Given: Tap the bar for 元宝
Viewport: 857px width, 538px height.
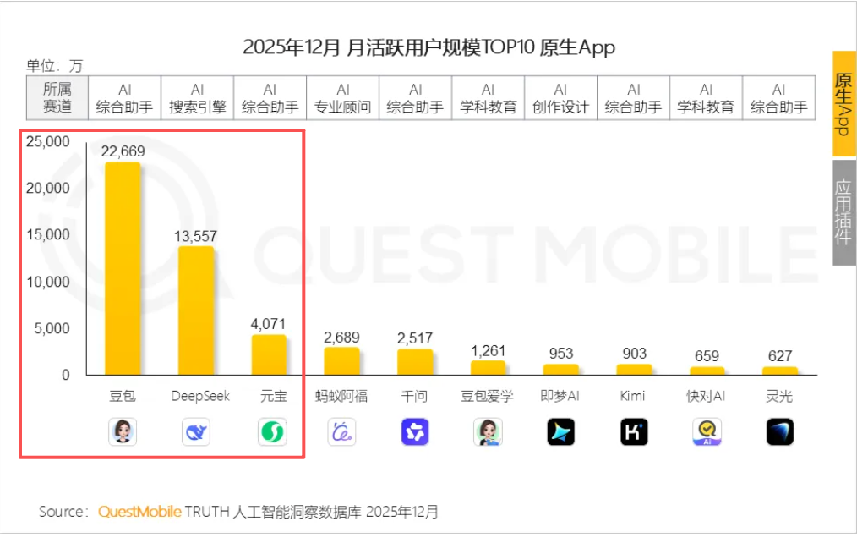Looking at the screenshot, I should pos(269,354).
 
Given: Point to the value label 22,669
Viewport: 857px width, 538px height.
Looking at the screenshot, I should pos(123,151).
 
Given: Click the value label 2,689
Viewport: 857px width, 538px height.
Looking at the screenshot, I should pos(341,338).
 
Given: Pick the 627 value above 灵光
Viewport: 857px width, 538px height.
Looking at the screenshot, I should pos(779,356).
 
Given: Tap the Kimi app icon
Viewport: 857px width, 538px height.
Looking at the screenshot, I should pos(634,432).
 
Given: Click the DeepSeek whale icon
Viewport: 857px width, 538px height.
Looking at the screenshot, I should pos(196,432).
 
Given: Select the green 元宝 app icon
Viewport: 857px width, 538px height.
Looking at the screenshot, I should pos(271,432).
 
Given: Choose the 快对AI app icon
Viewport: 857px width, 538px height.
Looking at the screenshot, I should pos(707,432).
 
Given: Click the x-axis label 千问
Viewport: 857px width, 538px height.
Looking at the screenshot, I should pos(414,396).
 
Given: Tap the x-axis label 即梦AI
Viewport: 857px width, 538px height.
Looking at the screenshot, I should pos(560,396).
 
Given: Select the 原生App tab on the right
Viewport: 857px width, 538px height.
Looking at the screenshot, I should pos(843,103).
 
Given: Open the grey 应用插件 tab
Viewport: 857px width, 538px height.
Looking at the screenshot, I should pos(843,212).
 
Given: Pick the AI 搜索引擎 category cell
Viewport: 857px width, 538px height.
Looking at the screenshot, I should pos(197,98).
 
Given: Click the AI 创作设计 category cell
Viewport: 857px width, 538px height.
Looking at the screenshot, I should pos(560,98).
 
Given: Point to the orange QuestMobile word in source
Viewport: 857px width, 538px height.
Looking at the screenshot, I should pos(139,512).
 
